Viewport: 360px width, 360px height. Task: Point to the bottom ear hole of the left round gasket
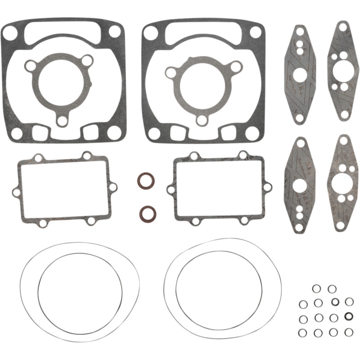[62, 121]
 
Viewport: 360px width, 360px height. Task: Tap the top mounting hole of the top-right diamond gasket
[343, 28]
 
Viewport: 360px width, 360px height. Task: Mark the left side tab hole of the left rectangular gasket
[16, 192]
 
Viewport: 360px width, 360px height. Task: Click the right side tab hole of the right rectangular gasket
[267, 187]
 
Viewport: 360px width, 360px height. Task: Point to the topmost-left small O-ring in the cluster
[316, 288]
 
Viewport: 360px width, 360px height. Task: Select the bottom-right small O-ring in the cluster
[349, 332]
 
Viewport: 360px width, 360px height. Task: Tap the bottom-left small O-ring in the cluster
[303, 333]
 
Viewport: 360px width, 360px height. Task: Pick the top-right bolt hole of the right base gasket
[256, 31]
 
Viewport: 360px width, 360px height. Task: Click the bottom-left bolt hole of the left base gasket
[16, 133]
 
